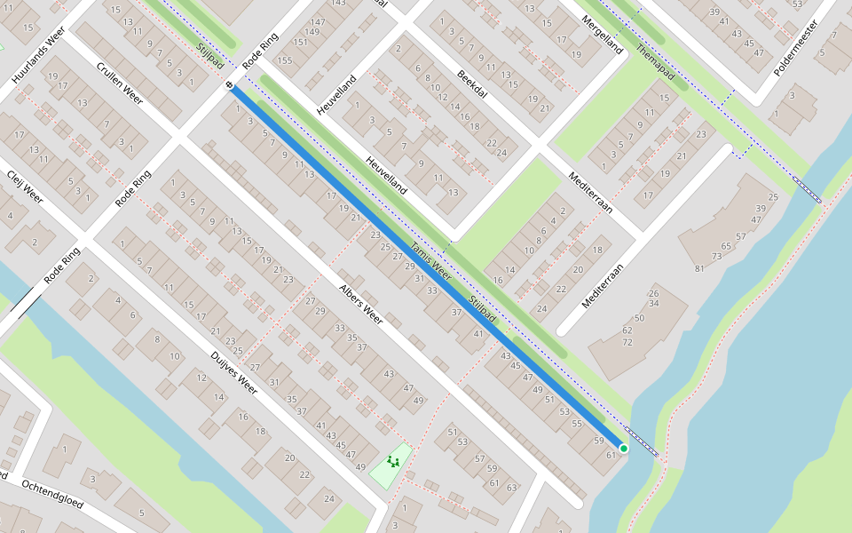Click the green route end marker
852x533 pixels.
(x=624, y=449)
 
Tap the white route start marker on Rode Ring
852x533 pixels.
(x=230, y=85)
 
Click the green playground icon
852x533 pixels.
(x=392, y=462)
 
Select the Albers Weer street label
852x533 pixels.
(x=360, y=306)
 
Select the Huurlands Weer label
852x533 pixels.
(x=39, y=56)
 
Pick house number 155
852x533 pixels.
(x=284, y=60)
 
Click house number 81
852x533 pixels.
(x=699, y=268)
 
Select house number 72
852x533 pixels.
(x=627, y=342)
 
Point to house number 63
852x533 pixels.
(x=512, y=488)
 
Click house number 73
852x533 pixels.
(x=715, y=256)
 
